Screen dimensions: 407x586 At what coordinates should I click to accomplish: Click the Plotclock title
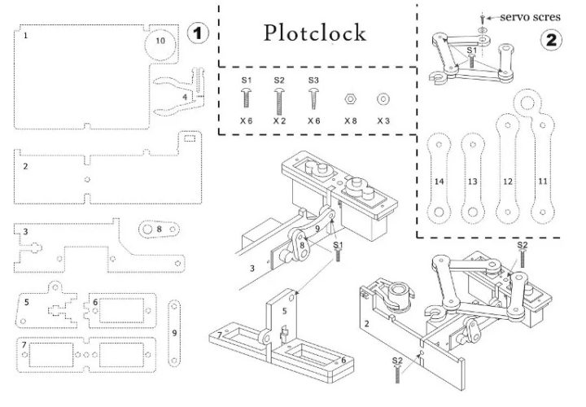(x=315, y=33)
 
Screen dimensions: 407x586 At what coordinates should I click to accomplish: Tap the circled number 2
(x=553, y=38)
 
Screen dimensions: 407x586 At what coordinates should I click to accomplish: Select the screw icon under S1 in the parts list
(x=246, y=99)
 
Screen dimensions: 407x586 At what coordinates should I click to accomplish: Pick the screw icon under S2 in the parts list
(x=279, y=100)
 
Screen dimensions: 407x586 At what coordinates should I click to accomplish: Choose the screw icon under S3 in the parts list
(x=313, y=99)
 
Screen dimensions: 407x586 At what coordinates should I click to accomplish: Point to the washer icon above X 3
(x=383, y=98)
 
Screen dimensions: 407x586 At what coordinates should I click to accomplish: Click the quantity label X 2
(x=279, y=120)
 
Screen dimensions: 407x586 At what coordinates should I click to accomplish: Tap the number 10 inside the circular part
(x=160, y=40)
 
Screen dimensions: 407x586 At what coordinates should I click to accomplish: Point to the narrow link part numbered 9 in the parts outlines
(x=174, y=332)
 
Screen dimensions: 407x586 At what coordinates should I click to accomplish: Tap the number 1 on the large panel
(x=25, y=36)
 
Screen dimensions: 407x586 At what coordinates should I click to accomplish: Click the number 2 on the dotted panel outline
(x=26, y=167)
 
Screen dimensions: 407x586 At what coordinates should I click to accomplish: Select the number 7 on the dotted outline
(x=25, y=345)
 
